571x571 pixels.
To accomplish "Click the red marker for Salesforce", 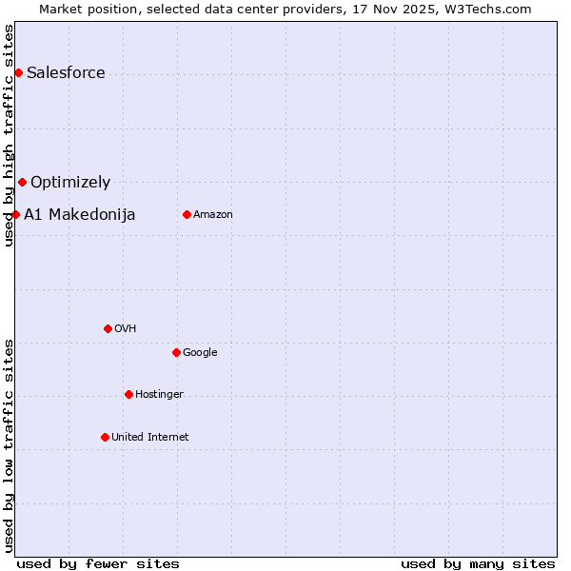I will tap(18, 73).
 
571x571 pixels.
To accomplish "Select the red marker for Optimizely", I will tap(22, 182).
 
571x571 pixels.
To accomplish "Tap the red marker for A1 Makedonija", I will tap(15, 214).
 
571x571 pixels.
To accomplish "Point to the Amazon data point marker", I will tap(187, 214).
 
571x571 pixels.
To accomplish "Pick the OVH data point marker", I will tap(108, 328).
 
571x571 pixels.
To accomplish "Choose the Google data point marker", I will tap(176, 352).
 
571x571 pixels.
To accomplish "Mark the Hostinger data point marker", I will tap(128, 394).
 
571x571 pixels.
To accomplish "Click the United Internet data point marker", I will tap(105, 437).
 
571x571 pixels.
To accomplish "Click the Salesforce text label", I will tap(66, 73).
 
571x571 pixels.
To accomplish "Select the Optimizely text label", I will tap(70, 183).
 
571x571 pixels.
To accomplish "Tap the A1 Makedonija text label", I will tap(80, 214).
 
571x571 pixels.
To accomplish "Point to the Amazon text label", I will tap(213, 214).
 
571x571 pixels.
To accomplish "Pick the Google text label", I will tap(200, 352).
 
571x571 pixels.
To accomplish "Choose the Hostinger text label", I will tap(159, 394).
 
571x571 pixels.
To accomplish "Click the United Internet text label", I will tap(150, 437).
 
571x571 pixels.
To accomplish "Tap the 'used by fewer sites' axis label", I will tap(98, 563).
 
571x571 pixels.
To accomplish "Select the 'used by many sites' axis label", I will tap(478, 563).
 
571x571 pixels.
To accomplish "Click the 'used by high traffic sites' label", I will tap(10, 135).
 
